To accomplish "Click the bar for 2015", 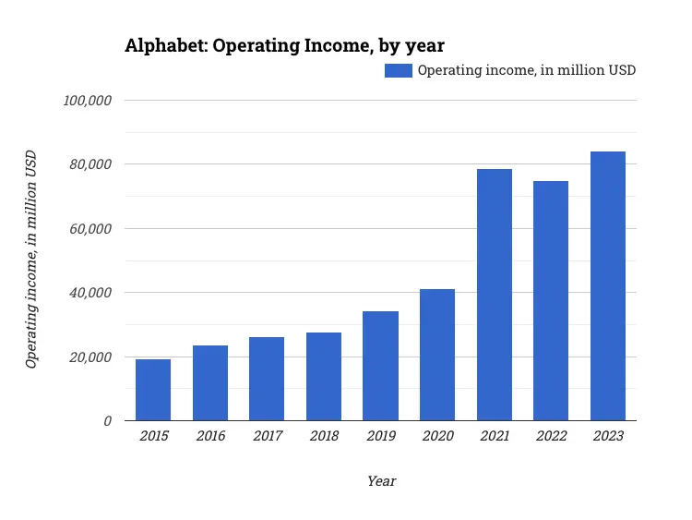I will click(x=153, y=390).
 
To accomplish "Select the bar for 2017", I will click(x=267, y=379).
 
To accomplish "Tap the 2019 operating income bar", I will click(x=380, y=366).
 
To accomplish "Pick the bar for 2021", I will click(x=494, y=295).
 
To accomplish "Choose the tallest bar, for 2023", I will click(x=608, y=286).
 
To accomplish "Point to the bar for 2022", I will click(x=551, y=301).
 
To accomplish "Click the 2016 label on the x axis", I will click(x=210, y=436).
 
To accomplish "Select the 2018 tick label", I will click(x=324, y=436).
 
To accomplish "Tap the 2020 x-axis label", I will click(x=437, y=436).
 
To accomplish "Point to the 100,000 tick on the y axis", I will click(x=87, y=101).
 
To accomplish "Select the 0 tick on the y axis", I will click(x=107, y=421).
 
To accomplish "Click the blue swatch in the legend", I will click(x=399, y=70).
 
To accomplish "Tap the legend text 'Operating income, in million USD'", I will click(x=527, y=70).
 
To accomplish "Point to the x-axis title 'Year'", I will click(x=381, y=481).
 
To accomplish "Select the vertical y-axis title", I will click(x=31, y=260).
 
